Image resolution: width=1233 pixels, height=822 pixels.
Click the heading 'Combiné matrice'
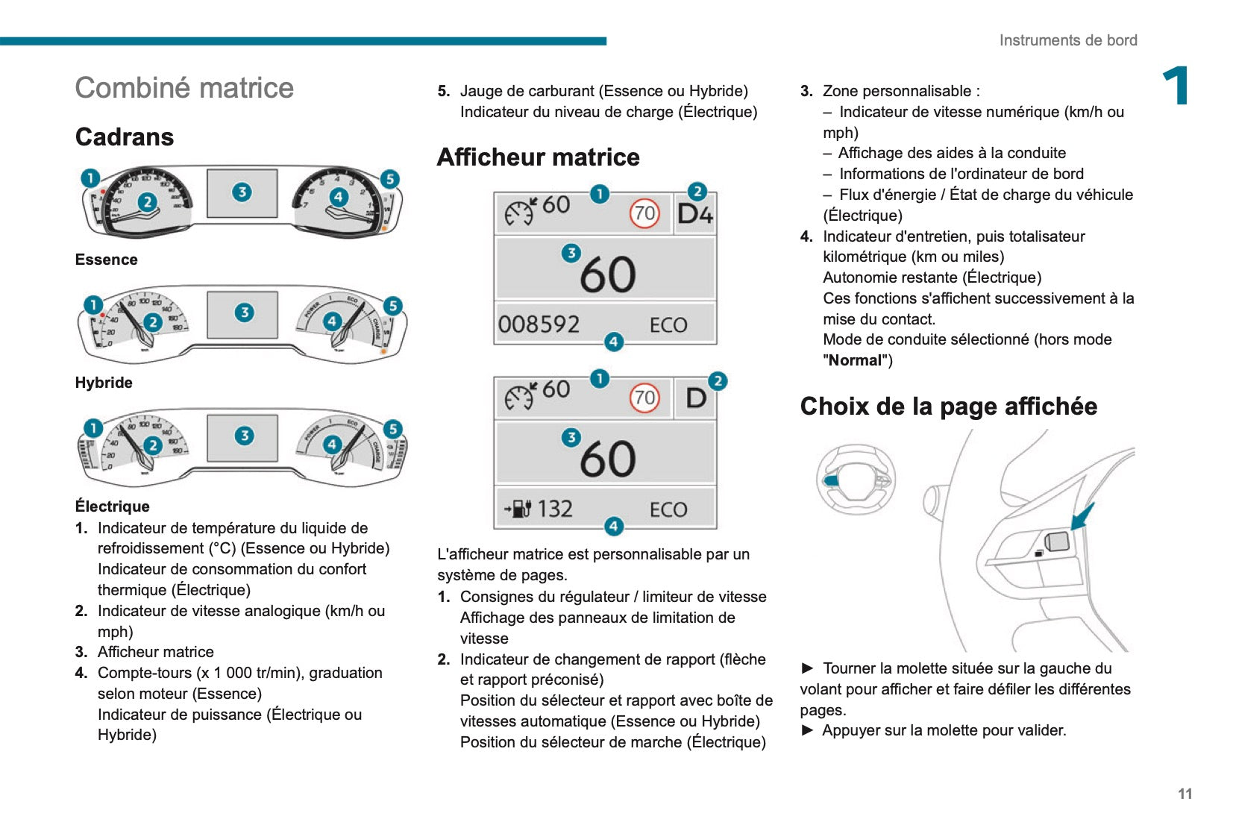pos(184,88)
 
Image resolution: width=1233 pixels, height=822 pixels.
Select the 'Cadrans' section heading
pos(125,137)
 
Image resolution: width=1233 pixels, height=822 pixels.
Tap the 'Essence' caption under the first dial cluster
pos(106,260)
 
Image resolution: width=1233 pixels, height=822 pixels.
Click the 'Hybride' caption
pos(104,383)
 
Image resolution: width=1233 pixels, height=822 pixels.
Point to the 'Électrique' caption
pos(112,506)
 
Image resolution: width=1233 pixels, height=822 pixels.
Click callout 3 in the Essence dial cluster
pos(242,192)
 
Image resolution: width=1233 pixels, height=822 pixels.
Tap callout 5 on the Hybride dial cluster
pos(392,306)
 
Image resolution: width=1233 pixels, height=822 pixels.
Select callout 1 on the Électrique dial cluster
pos(92,428)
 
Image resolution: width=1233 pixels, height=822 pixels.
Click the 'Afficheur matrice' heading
pos(538,157)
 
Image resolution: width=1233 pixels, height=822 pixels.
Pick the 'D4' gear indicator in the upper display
pos(694,215)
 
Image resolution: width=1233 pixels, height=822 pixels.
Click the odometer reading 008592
pos(539,324)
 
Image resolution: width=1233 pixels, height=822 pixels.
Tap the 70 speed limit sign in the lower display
pos(644,398)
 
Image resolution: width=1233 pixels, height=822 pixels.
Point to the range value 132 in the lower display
pos(554,509)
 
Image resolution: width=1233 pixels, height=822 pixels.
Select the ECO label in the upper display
pos(668,325)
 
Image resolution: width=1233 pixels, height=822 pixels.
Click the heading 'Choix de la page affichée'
pos(948,407)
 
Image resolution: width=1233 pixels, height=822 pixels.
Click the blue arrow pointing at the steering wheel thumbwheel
pos(1082,515)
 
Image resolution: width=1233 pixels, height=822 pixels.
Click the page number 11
pos(1185,794)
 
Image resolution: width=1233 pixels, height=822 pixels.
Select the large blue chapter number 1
pos(1176,87)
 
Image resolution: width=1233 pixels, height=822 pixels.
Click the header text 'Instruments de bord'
pos(1067,40)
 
